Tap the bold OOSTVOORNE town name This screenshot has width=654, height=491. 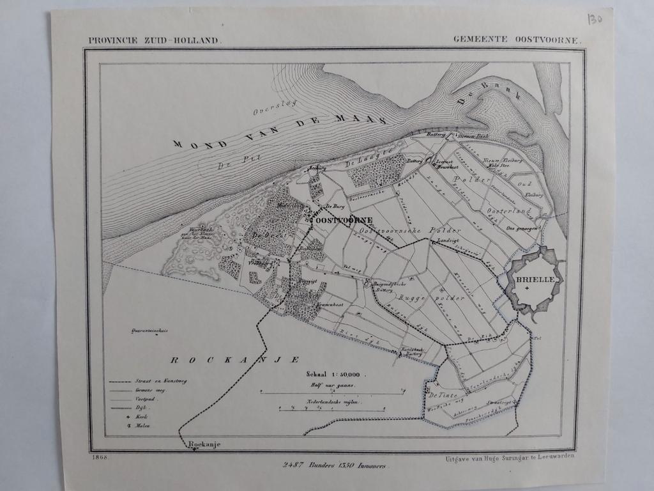pos(344,220)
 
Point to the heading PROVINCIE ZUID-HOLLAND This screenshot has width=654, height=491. pos(155,40)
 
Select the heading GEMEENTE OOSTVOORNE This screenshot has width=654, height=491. pos(517,39)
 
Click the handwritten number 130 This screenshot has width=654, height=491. pos(594,19)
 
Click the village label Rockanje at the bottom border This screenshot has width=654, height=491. pos(204,444)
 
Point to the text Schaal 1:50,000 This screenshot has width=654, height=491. pos(333,375)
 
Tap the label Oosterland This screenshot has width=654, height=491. pos(508,211)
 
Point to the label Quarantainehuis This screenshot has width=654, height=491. pos(149,331)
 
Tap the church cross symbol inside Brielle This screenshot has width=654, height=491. pos(527,290)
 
